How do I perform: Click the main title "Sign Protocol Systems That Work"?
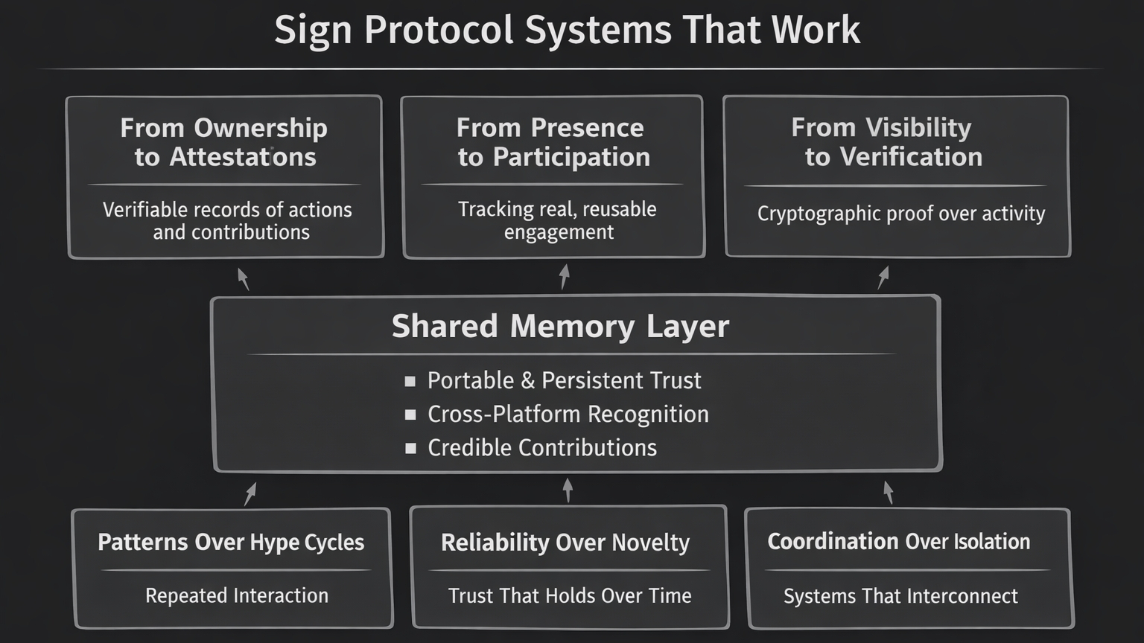567,31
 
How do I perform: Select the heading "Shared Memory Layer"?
560,326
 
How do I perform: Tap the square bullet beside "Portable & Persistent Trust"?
410,381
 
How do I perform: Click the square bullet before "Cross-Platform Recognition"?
410,415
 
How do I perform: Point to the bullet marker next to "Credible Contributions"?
410,448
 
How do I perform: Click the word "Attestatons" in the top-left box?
243,157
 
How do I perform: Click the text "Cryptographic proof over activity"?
901,214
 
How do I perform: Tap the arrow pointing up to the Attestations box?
243,278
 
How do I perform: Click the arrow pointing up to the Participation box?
565,276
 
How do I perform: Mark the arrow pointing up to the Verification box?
883,278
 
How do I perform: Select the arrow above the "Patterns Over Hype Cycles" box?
250,493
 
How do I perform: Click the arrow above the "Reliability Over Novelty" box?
568,490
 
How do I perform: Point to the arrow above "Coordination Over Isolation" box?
888,492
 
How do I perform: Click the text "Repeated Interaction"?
237,595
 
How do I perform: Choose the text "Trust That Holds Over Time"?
570,595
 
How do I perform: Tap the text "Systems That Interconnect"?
900,596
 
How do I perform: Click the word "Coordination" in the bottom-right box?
833,541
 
